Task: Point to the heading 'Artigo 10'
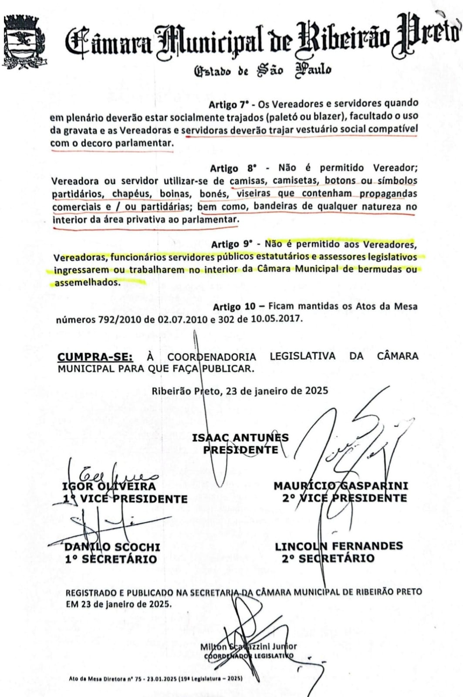point(234,307)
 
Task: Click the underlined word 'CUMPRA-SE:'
point(95,357)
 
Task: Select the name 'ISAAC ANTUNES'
point(240,437)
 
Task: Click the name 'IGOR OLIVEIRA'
point(109,486)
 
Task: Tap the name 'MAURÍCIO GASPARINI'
point(341,485)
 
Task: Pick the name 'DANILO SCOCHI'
point(112,547)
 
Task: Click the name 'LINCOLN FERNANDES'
point(338,546)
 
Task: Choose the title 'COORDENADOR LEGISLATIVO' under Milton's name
point(248,656)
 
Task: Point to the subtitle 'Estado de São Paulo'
point(262,70)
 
